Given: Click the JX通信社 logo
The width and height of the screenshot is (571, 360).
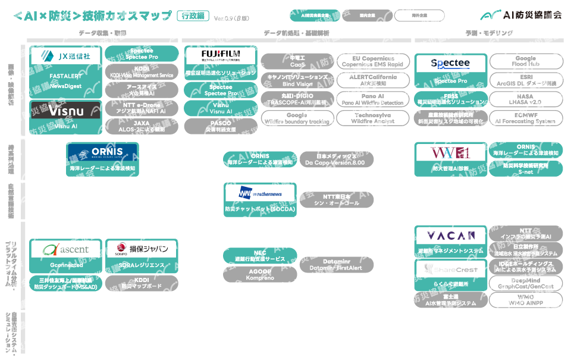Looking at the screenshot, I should point(65,57).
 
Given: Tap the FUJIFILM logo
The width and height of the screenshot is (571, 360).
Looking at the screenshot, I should point(220,56).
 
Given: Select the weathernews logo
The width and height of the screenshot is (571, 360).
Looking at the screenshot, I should point(260,193).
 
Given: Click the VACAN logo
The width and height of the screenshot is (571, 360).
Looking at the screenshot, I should point(451,236).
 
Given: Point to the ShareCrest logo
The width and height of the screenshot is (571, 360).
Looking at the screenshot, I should point(451,270).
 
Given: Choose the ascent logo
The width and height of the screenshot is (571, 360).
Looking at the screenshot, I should point(65,249).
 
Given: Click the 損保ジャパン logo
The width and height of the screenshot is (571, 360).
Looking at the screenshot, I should point(142,249).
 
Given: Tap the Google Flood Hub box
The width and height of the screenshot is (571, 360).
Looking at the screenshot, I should point(526,61).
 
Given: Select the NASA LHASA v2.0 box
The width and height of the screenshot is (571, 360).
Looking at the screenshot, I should point(526,99).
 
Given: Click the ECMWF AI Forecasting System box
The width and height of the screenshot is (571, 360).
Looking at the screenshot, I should point(526,118).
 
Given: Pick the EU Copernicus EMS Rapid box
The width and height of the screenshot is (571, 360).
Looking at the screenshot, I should point(373,61).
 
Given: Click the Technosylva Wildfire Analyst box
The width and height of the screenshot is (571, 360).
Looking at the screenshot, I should point(373,118).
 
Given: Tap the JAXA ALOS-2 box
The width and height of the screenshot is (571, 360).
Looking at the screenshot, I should point(142,126).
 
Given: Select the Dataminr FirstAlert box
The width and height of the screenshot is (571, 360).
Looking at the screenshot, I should point(336,265).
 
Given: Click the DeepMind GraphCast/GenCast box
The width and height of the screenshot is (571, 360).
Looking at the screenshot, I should point(526,283).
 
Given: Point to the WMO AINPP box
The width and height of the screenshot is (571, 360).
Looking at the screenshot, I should point(526,300).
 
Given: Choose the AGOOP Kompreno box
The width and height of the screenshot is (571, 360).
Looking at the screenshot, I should point(260,274).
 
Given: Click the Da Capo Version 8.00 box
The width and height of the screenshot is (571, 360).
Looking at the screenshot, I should point(336,159).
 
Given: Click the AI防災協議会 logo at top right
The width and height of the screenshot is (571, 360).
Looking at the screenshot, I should point(522,16).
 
